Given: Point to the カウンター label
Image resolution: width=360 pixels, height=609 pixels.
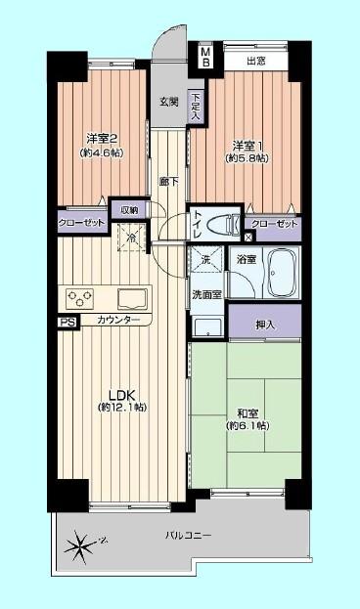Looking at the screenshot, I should (117, 322).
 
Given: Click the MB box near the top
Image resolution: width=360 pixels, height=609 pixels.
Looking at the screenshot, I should (205, 56).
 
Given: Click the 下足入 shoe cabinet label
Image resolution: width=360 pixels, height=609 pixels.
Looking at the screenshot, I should (197, 105).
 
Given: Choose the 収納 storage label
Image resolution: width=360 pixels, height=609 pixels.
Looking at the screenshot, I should (128, 208).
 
